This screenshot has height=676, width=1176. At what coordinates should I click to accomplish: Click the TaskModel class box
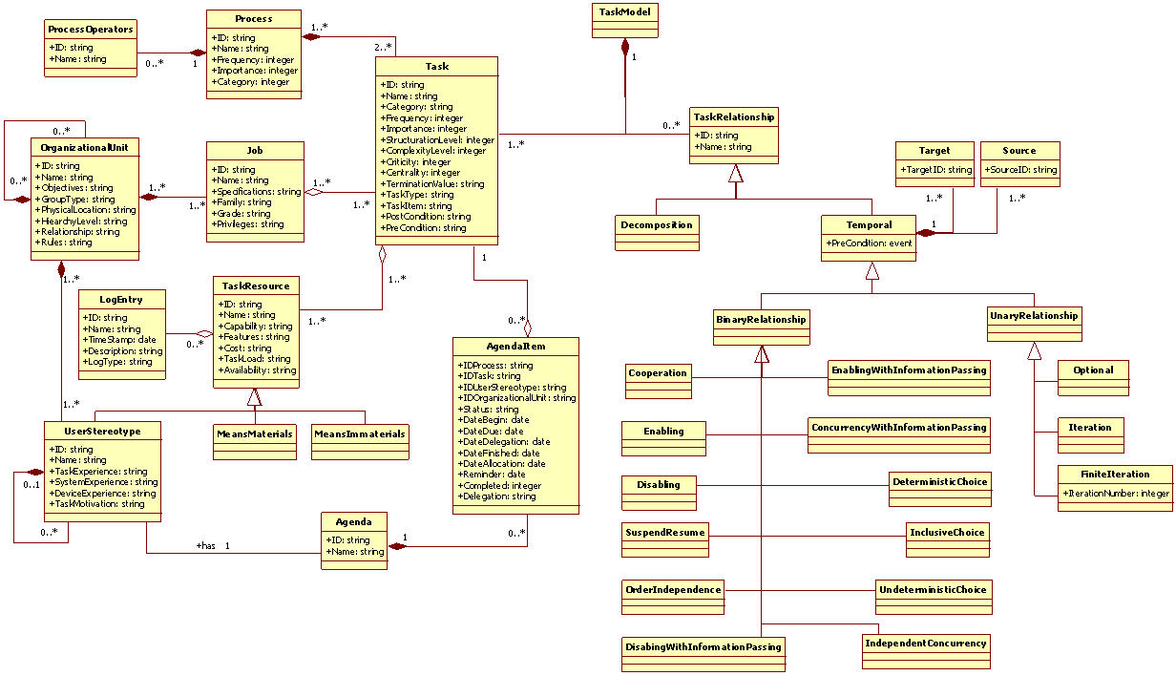[x=625, y=20]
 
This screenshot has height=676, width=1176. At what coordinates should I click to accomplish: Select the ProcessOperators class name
[x=91, y=28]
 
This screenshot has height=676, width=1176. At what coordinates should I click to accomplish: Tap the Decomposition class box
[x=656, y=226]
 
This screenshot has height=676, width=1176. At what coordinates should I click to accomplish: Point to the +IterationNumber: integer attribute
[x=1115, y=493]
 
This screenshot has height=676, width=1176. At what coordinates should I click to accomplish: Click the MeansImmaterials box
[x=360, y=434]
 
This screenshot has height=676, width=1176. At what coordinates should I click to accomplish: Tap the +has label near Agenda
[x=206, y=545]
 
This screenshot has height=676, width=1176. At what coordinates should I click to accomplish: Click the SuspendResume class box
[x=664, y=536]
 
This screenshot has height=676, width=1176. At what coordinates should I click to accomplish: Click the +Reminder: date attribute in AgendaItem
[x=493, y=474]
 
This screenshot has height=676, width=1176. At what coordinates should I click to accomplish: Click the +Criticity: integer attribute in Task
[x=417, y=162]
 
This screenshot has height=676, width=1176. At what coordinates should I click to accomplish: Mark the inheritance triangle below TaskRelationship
[x=734, y=173]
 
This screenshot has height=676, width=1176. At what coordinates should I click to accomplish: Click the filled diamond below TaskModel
[x=625, y=47]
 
